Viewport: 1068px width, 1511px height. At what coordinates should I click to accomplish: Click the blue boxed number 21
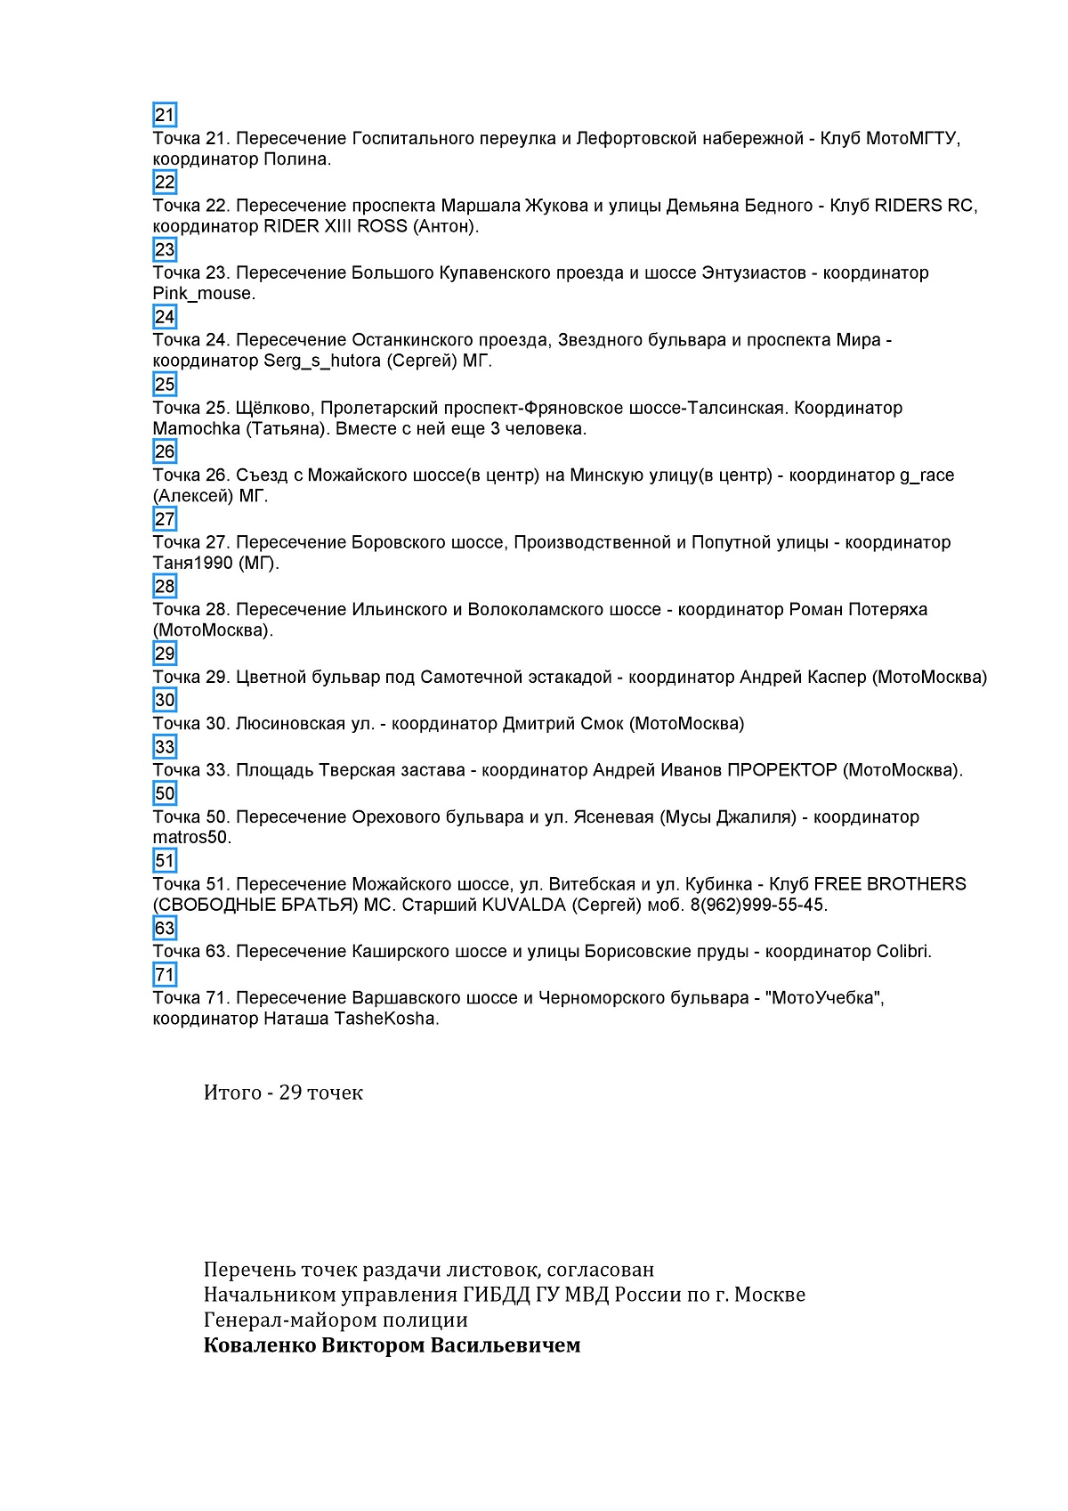coord(165,115)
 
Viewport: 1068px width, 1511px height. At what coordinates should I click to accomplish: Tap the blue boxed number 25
coord(165,385)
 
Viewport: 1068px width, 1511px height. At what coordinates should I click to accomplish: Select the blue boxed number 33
coord(165,747)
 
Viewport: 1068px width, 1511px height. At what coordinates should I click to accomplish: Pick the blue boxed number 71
coord(165,975)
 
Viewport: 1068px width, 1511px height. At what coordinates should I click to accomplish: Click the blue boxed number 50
coord(165,793)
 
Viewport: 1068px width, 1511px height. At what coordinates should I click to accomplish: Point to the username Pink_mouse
coord(203,294)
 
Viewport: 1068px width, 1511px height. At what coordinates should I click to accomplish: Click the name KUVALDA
coord(523,905)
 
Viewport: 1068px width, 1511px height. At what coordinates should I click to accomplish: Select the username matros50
coord(190,838)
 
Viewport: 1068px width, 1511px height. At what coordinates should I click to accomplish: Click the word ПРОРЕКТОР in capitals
coord(781,770)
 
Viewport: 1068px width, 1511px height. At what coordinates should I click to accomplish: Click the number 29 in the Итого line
coord(290,1093)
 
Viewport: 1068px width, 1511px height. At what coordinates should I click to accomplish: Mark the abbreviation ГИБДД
coord(497,1295)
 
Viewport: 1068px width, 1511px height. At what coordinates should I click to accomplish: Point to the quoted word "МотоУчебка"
coord(822,997)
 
